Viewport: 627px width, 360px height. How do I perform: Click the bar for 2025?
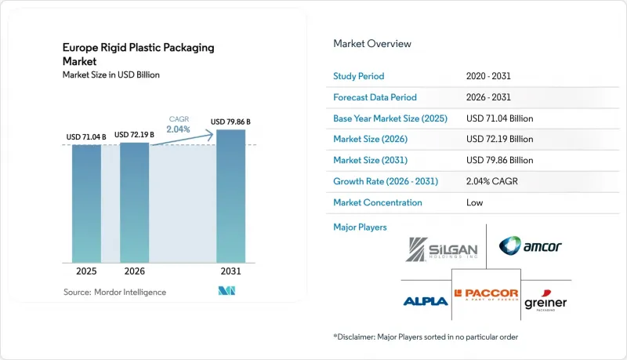click(x=86, y=204)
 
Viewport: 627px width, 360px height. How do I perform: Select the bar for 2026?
click(x=134, y=202)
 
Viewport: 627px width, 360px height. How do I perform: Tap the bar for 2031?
click(x=230, y=196)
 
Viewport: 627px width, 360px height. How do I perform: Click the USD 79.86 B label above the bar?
click(x=230, y=122)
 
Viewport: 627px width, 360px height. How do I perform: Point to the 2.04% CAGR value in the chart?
click(x=179, y=129)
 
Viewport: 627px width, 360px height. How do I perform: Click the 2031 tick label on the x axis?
click(x=230, y=271)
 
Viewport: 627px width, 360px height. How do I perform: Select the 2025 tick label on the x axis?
click(x=86, y=271)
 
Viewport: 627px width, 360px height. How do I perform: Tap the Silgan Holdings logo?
click(x=441, y=249)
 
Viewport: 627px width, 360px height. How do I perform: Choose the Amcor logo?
click(x=531, y=245)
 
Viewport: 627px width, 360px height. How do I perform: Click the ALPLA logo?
click(x=426, y=301)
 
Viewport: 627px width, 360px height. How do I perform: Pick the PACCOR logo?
click(x=486, y=294)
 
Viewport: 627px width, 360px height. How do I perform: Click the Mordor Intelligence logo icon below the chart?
click(x=227, y=291)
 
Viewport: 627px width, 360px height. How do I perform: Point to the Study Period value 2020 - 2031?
click(x=488, y=76)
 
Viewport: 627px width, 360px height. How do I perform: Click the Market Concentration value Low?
click(x=474, y=202)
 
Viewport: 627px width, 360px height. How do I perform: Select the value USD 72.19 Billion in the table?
click(x=499, y=139)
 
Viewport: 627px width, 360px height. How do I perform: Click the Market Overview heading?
click(x=371, y=44)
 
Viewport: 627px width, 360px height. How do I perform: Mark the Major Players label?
click(x=360, y=227)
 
